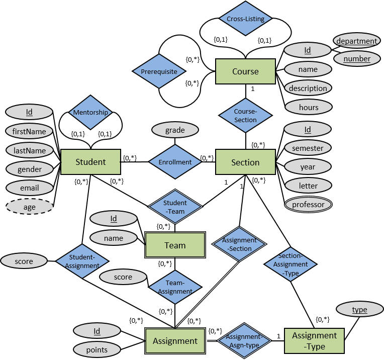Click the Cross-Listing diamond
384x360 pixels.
pos(245,19)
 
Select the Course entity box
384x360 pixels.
pos(245,71)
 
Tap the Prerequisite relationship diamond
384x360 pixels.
pos(159,71)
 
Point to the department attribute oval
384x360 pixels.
pos(356,41)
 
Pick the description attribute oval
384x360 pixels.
pos(308,88)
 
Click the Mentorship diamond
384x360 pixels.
pos(90,112)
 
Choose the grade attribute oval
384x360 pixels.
pos(175,130)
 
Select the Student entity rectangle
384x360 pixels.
pos(90,162)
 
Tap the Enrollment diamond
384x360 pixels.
pos(175,162)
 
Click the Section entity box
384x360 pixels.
pos(245,162)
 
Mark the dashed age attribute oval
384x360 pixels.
pos(30,207)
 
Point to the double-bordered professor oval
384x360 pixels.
pos(308,205)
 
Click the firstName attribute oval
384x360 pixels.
pos(29,132)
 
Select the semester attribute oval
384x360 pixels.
pos(308,148)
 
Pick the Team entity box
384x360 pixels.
pos(175,245)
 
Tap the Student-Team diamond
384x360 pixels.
pos(175,207)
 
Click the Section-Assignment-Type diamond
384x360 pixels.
pos(291,264)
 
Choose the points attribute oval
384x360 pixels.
pos(97,349)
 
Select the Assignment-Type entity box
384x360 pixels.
pos(314,341)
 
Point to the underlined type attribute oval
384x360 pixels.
pos(359,310)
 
